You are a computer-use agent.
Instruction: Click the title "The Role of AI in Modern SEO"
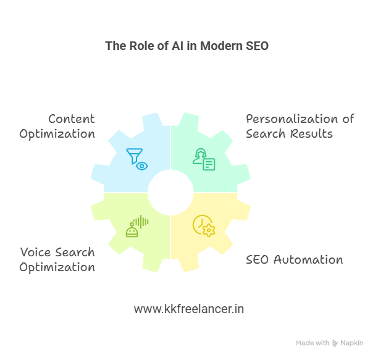pos(187,46)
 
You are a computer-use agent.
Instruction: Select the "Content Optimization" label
pos(57,127)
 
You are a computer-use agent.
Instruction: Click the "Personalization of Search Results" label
pos(300,127)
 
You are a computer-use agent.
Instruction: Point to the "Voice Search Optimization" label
pos(57,260)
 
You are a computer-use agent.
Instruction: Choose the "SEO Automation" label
pos(295,260)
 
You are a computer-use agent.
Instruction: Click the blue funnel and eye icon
pos(137,159)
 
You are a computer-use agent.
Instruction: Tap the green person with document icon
pos(204,159)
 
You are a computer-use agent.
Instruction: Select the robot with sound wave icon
pos(137,226)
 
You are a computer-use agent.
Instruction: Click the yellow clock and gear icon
pos(204,226)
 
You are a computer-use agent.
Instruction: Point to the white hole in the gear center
pos(170,192)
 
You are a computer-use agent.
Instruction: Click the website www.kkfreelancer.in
pos(189,309)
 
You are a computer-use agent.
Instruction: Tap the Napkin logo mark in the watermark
pos(335,343)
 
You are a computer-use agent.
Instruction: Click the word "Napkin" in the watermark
pos(351,343)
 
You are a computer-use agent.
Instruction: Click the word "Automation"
pos(308,260)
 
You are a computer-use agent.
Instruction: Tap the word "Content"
pos(72,119)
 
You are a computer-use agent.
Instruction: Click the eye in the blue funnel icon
pos(142,166)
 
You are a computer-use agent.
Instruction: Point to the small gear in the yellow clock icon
pos(209,230)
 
